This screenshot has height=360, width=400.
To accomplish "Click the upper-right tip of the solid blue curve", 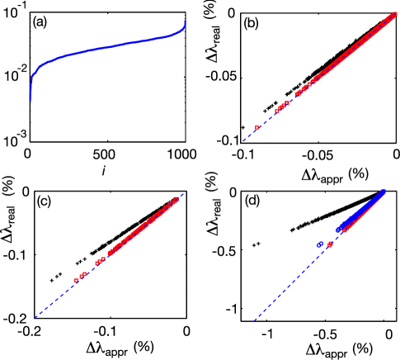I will pyautogui.click(x=185, y=21).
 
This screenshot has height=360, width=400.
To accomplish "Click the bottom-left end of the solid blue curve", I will pyautogui.click(x=31, y=101).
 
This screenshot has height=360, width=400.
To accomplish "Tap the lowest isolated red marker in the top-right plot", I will pyautogui.click(x=256, y=128).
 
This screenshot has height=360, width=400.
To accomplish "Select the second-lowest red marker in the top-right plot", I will pyautogui.click(x=276, y=111).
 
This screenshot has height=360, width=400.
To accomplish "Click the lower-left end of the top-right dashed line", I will pyautogui.click(x=243, y=140).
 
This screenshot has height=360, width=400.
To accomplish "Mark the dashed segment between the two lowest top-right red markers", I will pyautogui.click(x=266, y=120).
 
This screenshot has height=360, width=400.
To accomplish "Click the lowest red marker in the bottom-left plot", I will pyautogui.click(x=76, y=281).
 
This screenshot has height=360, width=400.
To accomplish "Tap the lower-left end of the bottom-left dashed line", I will pyautogui.click(x=35, y=317).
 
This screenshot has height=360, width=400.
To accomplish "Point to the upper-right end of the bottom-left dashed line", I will pyautogui.click(x=180, y=196).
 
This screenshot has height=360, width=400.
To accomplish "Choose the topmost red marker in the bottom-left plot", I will pyautogui.click(x=176, y=199).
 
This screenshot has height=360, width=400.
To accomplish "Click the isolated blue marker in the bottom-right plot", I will pyautogui.click(x=319, y=244).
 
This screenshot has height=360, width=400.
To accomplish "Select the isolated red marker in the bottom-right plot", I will pyautogui.click(x=330, y=244).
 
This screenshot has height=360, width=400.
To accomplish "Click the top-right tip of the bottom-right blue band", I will pyautogui.click(x=383, y=192).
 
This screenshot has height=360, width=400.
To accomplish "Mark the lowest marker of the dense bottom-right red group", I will pyautogui.click(x=345, y=230).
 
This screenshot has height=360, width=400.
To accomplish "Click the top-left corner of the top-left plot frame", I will pyautogui.click(x=30, y=12).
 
